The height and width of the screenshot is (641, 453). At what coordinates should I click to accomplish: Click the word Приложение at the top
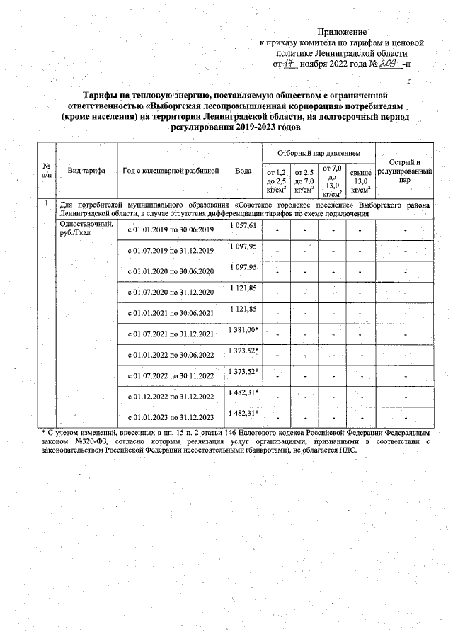point(342,32)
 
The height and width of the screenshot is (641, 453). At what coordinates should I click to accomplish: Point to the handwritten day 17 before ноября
point(289,64)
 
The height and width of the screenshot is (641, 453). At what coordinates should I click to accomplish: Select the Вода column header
point(243,171)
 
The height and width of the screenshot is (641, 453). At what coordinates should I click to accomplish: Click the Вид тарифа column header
point(86,171)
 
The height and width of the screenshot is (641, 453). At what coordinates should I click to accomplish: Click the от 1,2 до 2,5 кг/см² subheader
point(275,181)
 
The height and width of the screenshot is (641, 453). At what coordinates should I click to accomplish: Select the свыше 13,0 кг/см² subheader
point(361,181)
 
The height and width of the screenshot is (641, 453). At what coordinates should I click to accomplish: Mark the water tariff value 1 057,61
point(243,225)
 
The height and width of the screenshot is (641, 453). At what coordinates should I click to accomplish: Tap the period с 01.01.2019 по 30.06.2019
point(170,230)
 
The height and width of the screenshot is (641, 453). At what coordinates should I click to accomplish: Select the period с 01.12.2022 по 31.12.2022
point(170,395)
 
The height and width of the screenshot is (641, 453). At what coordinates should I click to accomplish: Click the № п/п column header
point(47,171)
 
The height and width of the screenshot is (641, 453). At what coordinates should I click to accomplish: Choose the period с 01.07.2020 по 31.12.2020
point(170,292)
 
